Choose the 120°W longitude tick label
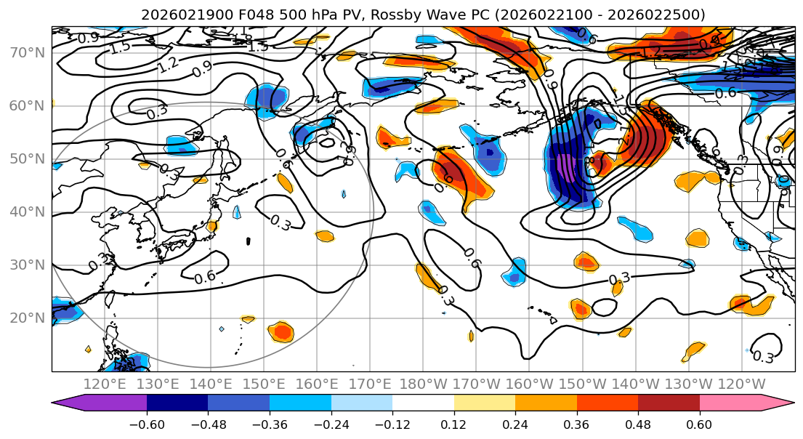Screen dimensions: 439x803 click(x=741, y=383)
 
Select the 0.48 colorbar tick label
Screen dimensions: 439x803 click(x=638, y=423)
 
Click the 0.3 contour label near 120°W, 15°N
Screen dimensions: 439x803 click(x=763, y=357)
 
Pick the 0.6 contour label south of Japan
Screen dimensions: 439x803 click(x=205, y=277)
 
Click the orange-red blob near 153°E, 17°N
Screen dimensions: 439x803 click(x=281, y=332)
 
